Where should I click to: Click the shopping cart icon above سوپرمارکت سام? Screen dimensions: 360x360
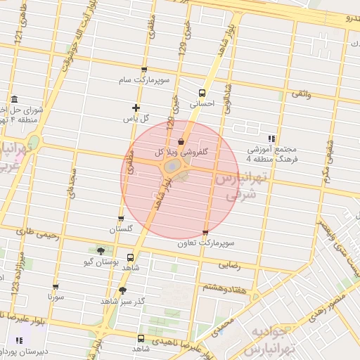click(x=144, y=70)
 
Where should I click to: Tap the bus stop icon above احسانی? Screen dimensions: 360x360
click(x=202, y=93)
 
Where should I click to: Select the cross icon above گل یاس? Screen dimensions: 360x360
click(x=136, y=108)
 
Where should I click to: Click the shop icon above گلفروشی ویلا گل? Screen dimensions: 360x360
click(x=181, y=141)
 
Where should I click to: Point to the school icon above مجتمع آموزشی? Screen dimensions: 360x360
click(x=272, y=139)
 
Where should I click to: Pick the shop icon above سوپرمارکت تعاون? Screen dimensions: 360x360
click(x=205, y=233)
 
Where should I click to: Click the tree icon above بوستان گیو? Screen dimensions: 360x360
click(x=101, y=251)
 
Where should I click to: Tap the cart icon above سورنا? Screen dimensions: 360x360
click(x=56, y=287)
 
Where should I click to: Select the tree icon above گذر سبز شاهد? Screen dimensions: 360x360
click(x=123, y=290)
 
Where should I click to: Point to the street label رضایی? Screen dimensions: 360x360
click(x=231, y=266)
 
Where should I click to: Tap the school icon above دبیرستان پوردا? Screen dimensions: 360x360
click(x=13, y=339)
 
